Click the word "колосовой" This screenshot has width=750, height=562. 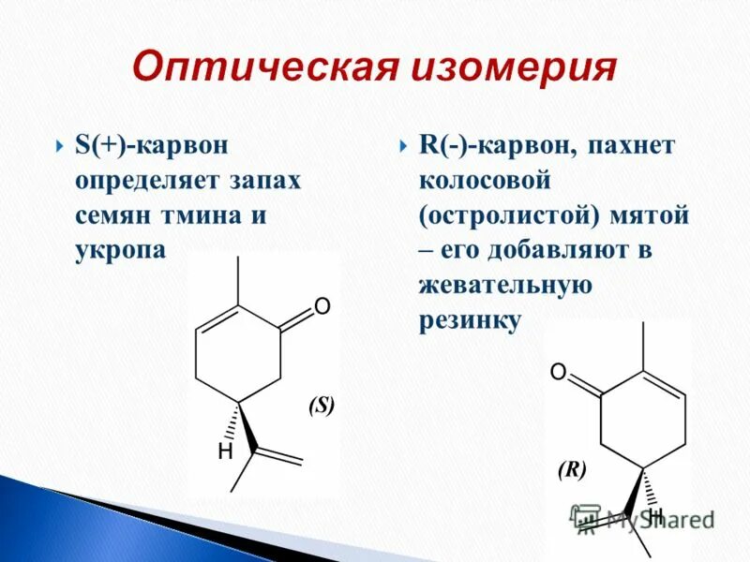coord(484,181)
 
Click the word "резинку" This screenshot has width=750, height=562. coord(469,319)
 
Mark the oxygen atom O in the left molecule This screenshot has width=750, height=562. coord(322,306)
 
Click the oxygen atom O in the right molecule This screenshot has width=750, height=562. coord(558,374)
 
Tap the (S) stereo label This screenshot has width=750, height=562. coord(321,406)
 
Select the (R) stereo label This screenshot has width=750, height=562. coord(571,470)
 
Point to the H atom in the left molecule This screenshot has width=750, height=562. coord(225,451)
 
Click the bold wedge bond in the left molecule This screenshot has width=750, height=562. coord(247,428)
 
